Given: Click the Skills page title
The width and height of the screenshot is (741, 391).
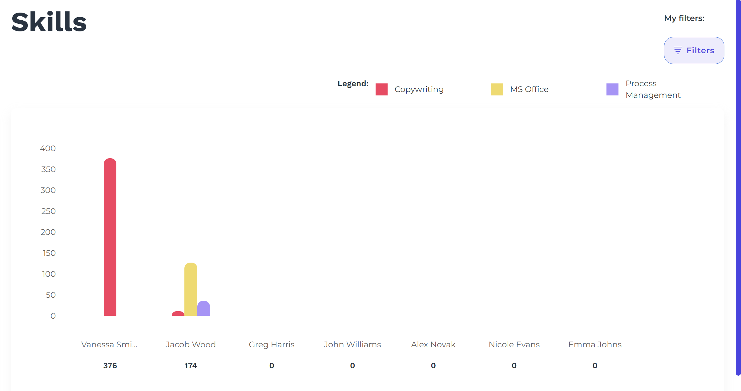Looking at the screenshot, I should pyautogui.click(x=49, y=22).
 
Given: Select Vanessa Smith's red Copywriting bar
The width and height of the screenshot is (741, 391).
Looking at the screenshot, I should pyautogui.click(x=110, y=237).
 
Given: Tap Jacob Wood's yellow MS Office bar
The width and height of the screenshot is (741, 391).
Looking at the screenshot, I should pyautogui.click(x=191, y=289).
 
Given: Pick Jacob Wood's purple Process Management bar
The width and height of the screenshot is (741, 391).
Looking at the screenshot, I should pyautogui.click(x=203, y=308).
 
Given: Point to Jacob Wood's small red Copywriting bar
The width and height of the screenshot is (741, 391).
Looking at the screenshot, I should pyautogui.click(x=178, y=314).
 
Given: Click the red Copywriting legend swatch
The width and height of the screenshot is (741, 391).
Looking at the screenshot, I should pyautogui.click(x=381, y=89).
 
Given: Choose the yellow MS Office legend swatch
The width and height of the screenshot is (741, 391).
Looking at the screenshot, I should pyautogui.click(x=497, y=89).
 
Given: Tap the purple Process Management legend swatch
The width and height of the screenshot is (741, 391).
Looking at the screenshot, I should pyautogui.click(x=612, y=89).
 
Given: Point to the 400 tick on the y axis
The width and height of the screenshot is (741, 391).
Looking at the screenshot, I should pyautogui.click(x=48, y=148).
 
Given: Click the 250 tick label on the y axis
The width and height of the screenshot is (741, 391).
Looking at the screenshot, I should pyautogui.click(x=48, y=211).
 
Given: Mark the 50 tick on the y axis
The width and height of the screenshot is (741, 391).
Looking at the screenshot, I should pyautogui.click(x=50, y=295).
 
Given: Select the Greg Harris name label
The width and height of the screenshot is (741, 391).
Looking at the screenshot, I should pyautogui.click(x=272, y=345).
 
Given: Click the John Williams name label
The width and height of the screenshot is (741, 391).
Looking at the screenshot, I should pyautogui.click(x=352, y=345).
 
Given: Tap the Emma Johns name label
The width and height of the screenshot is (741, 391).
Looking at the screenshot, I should pyautogui.click(x=595, y=345).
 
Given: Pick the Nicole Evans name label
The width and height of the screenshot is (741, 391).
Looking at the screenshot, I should pyautogui.click(x=514, y=345).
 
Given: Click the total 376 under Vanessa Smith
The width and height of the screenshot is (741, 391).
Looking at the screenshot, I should pyautogui.click(x=110, y=365).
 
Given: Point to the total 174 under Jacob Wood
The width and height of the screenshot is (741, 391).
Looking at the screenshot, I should pyautogui.click(x=191, y=365).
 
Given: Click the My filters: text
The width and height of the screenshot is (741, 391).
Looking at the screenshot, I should pyautogui.click(x=684, y=18).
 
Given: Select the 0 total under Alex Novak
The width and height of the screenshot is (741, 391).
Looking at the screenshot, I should pyautogui.click(x=433, y=365).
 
